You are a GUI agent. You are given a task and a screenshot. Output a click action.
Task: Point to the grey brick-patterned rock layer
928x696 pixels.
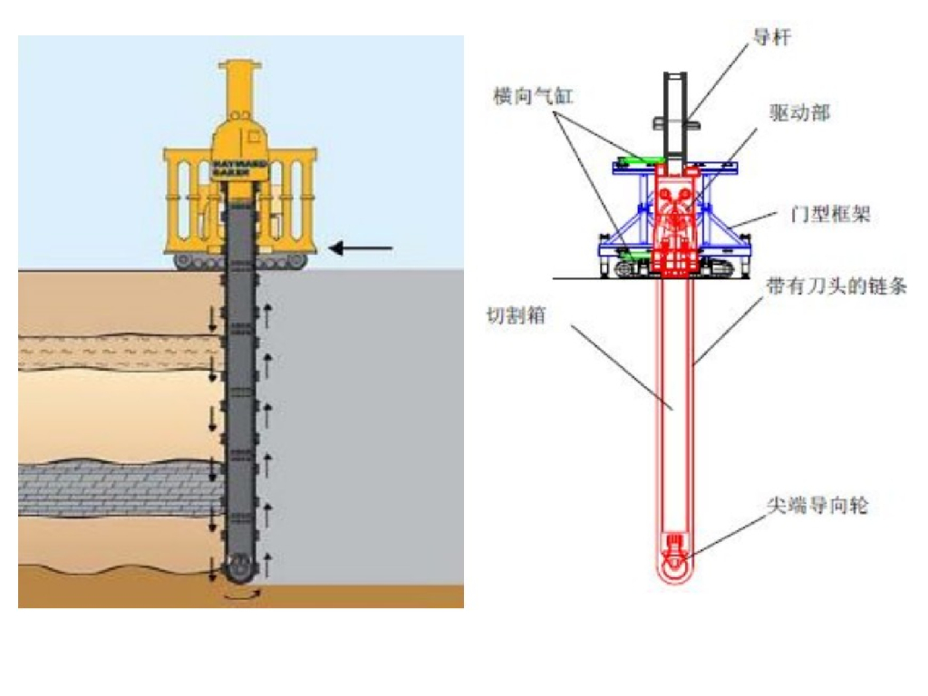[x=118, y=486]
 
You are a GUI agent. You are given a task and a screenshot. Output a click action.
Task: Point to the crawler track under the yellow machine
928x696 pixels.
[x=239, y=262]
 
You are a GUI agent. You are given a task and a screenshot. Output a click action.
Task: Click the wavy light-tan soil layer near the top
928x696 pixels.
[x=118, y=353]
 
